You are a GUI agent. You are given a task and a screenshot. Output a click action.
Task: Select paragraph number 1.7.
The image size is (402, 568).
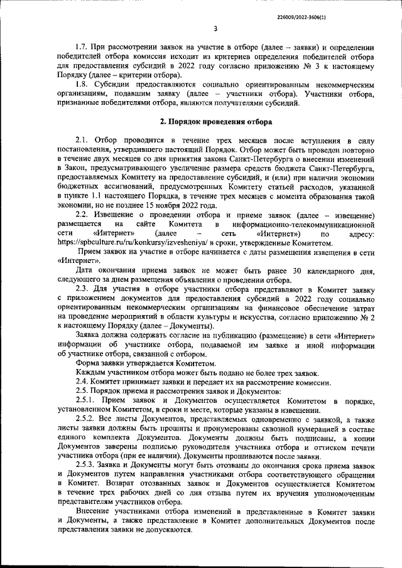point(83,48)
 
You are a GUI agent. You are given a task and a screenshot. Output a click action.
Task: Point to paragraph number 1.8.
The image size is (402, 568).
point(83,83)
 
